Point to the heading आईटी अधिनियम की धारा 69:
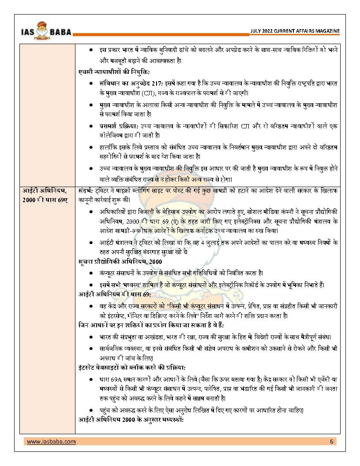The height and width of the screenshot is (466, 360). click(x=115, y=293)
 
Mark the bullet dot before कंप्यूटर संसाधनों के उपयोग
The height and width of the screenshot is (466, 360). click(x=90, y=273)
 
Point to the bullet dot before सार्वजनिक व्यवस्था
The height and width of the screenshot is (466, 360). click(x=90, y=349)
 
